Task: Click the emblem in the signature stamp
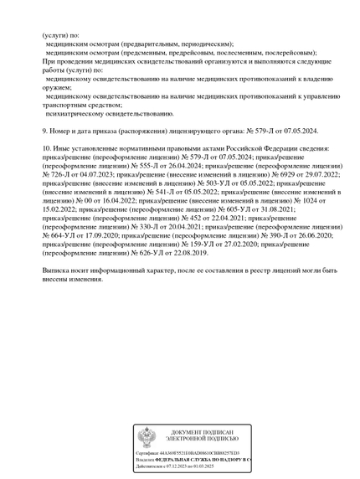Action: coord(147,435)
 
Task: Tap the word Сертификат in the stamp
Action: coord(148,452)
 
